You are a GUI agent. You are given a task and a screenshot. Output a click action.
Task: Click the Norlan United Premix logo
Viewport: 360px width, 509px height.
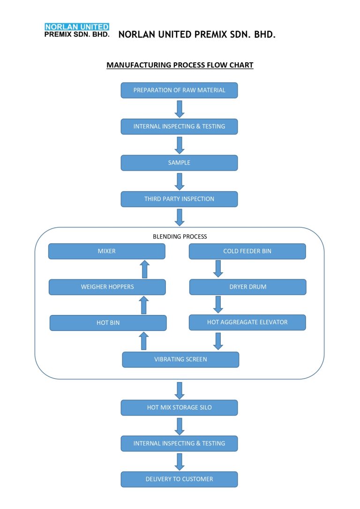77,30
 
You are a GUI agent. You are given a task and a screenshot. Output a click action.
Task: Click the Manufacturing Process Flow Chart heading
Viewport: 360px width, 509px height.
180,65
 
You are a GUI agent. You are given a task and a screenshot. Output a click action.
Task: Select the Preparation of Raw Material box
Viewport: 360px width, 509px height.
179,90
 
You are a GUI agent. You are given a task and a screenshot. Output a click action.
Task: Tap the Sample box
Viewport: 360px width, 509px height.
179,163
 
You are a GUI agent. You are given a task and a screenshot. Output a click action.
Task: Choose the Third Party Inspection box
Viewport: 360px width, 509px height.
179,199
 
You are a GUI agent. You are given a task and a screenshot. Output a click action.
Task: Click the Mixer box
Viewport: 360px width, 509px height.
107,251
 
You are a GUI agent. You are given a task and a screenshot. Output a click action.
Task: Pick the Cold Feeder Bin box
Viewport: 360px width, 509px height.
247,251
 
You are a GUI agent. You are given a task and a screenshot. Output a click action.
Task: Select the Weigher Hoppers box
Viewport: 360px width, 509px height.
107,287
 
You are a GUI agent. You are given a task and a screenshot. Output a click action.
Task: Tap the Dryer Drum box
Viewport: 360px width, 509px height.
247,287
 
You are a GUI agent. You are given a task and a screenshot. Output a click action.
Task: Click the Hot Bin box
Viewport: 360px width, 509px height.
108,323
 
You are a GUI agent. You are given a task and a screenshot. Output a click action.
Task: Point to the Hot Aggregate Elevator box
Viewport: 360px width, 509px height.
247,322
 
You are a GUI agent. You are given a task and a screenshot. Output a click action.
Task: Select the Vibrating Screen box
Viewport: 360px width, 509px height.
180,359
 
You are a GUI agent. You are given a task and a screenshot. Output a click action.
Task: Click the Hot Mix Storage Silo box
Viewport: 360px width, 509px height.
179,408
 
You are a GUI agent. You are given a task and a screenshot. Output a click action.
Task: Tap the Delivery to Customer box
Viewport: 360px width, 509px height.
179,479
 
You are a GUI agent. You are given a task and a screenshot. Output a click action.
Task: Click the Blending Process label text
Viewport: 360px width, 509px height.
180,237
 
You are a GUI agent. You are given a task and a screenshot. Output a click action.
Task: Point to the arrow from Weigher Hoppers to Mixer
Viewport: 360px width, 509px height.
144,269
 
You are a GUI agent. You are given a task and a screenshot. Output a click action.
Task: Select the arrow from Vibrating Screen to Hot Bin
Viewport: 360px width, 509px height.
144,341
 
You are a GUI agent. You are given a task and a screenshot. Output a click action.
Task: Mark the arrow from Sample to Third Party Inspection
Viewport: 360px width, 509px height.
179,181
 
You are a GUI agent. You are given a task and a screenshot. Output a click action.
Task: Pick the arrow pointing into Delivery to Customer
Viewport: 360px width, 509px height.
179,461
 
